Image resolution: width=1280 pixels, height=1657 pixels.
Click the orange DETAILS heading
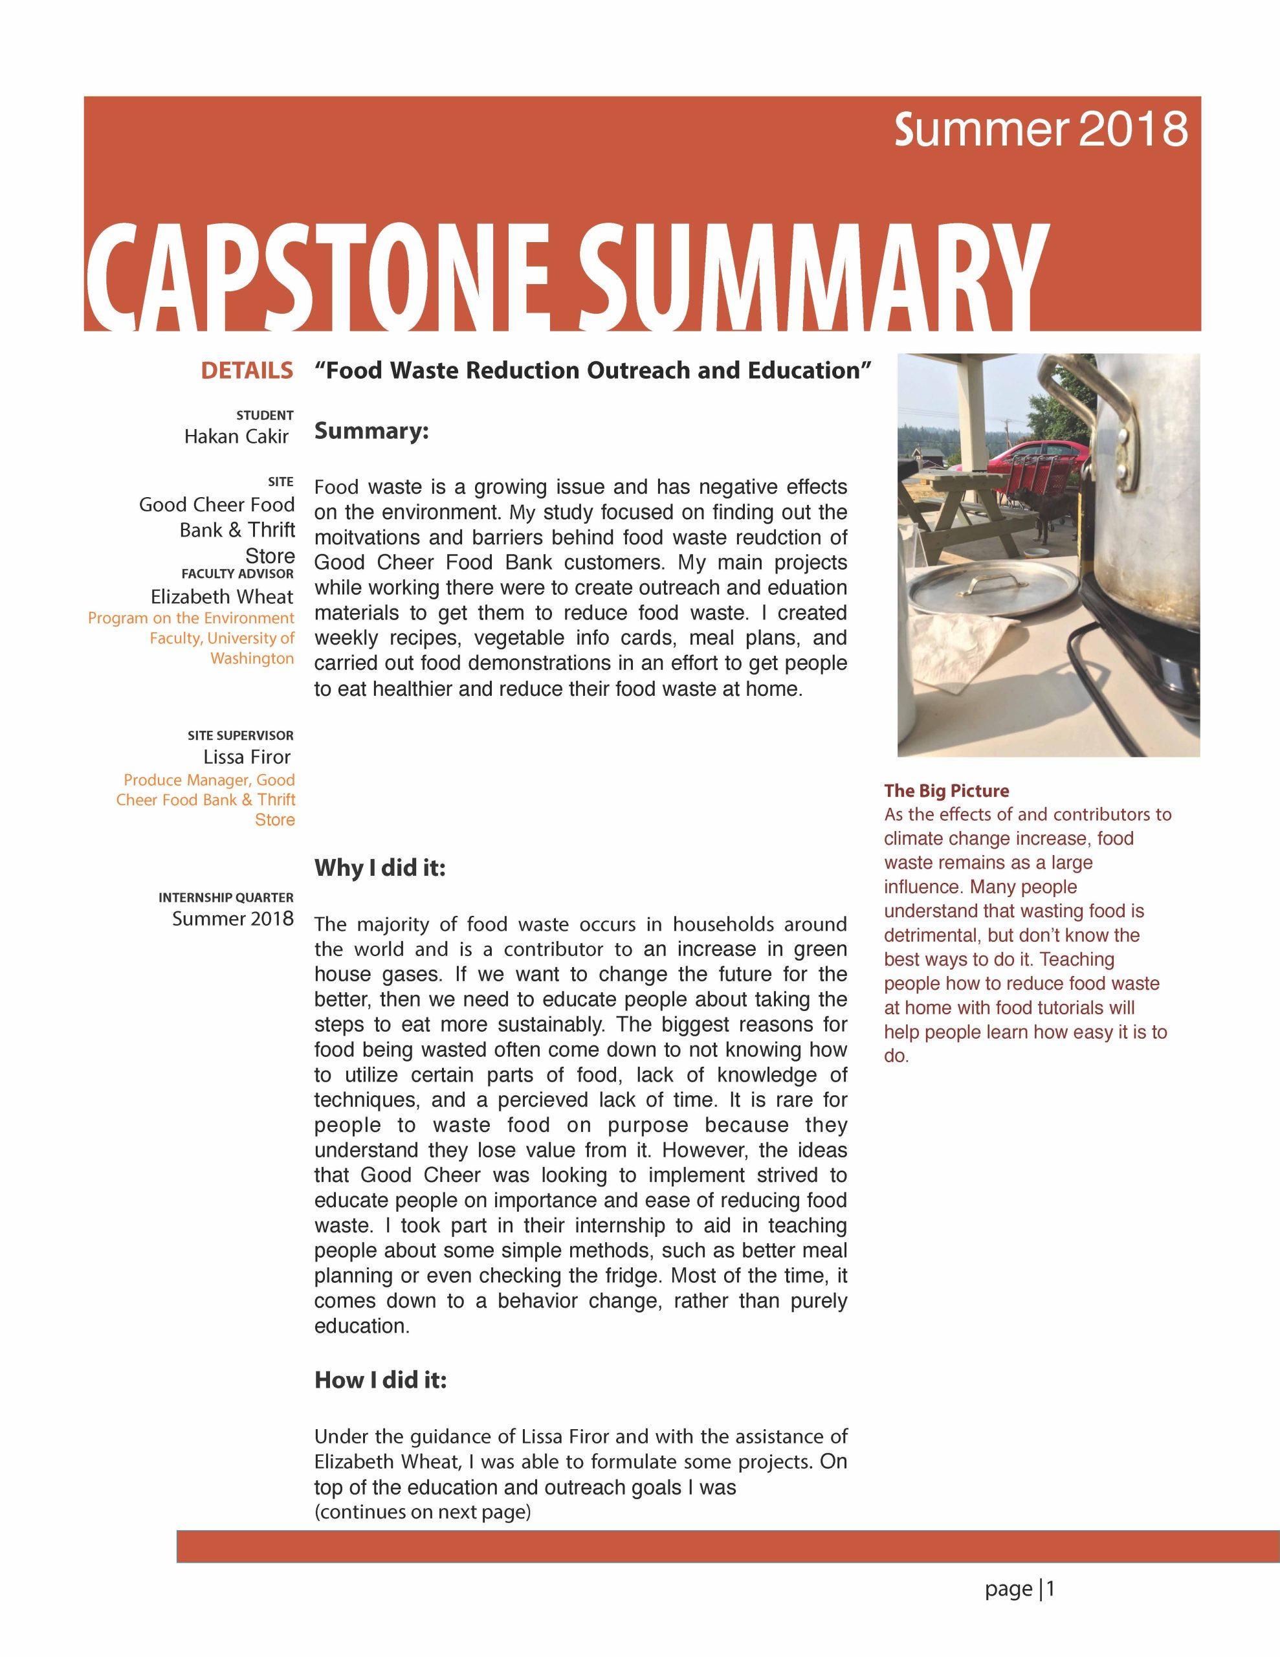click(x=247, y=370)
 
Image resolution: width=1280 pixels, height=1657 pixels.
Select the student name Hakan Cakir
click(x=236, y=436)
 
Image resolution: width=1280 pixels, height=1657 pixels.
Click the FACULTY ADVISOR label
click(x=237, y=573)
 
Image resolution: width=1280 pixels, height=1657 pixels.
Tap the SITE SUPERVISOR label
click(x=240, y=735)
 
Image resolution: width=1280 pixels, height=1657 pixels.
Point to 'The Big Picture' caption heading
click(x=946, y=790)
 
